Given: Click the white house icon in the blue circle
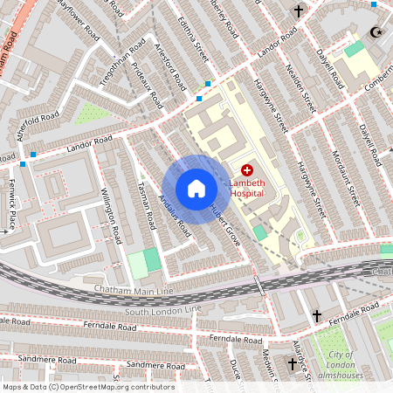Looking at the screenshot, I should click(196, 189).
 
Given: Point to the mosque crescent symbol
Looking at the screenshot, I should click(377, 32).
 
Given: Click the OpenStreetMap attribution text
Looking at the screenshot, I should click(88, 387).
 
